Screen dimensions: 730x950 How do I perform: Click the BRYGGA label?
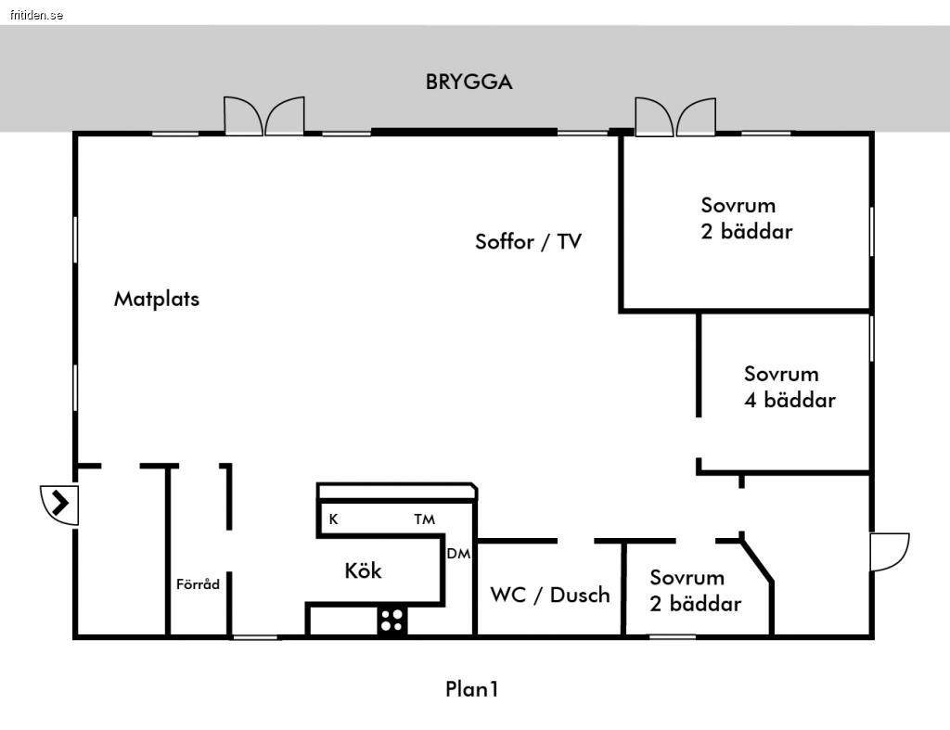pyautogui.click(x=469, y=82)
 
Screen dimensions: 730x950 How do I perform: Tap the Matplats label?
pyautogui.click(x=157, y=299)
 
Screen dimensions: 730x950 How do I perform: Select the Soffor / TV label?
pyautogui.click(x=528, y=242)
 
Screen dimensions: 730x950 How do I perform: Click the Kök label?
pyautogui.click(x=363, y=570)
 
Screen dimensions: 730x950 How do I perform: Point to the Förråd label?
pyautogui.click(x=198, y=584)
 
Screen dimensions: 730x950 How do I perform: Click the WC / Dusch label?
pyautogui.click(x=550, y=595)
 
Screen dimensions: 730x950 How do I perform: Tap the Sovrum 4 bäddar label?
pyautogui.click(x=790, y=387)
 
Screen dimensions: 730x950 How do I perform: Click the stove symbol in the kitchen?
pyautogui.click(x=392, y=619)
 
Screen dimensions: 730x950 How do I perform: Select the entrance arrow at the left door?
pyautogui.click(x=60, y=504)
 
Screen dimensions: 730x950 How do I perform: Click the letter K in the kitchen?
pyautogui.click(x=333, y=519)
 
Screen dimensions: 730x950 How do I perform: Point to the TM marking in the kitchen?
pyautogui.click(x=424, y=519)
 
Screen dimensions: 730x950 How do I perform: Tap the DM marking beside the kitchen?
pyautogui.click(x=458, y=554)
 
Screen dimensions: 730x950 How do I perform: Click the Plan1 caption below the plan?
pyautogui.click(x=472, y=689)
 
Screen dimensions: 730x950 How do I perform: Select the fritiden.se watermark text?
pyautogui.click(x=32, y=15)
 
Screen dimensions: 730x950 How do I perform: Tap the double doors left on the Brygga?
pyautogui.click(x=264, y=116)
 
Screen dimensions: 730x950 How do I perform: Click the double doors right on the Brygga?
pyautogui.click(x=675, y=117)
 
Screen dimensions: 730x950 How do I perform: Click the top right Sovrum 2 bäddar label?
pyautogui.click(x=747, y=218)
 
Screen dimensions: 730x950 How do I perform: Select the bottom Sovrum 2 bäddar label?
pyautogui.click(x=695, y=591)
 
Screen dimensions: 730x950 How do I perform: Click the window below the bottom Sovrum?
pyautogui.click(x=672, y=636)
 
